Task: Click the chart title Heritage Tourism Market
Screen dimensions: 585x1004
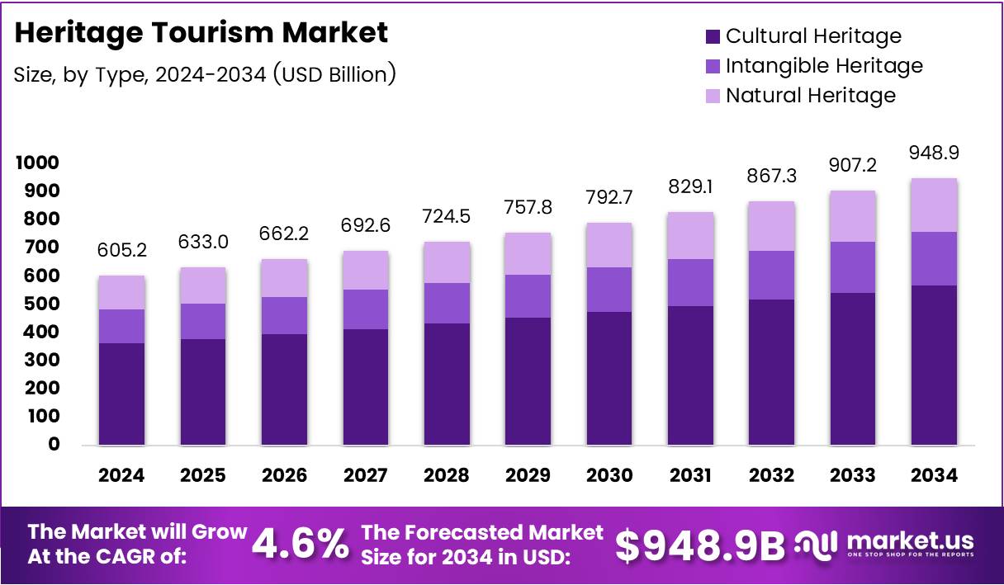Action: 201,33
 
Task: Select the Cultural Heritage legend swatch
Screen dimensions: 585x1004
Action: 713,36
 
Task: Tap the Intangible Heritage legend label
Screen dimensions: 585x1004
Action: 824,65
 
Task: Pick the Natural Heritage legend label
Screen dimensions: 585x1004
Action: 810,95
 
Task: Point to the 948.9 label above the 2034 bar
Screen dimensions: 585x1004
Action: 934,153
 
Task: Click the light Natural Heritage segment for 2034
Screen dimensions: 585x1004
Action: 934,205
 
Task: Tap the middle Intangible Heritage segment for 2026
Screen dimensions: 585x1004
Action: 284,315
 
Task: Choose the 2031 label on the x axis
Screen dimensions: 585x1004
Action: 690,475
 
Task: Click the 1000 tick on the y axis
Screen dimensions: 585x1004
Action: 37,163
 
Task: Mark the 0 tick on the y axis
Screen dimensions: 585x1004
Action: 54,444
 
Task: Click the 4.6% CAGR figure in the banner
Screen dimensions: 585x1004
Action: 299,545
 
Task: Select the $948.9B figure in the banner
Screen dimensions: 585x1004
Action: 700,545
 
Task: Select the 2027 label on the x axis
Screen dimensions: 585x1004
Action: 365,475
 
